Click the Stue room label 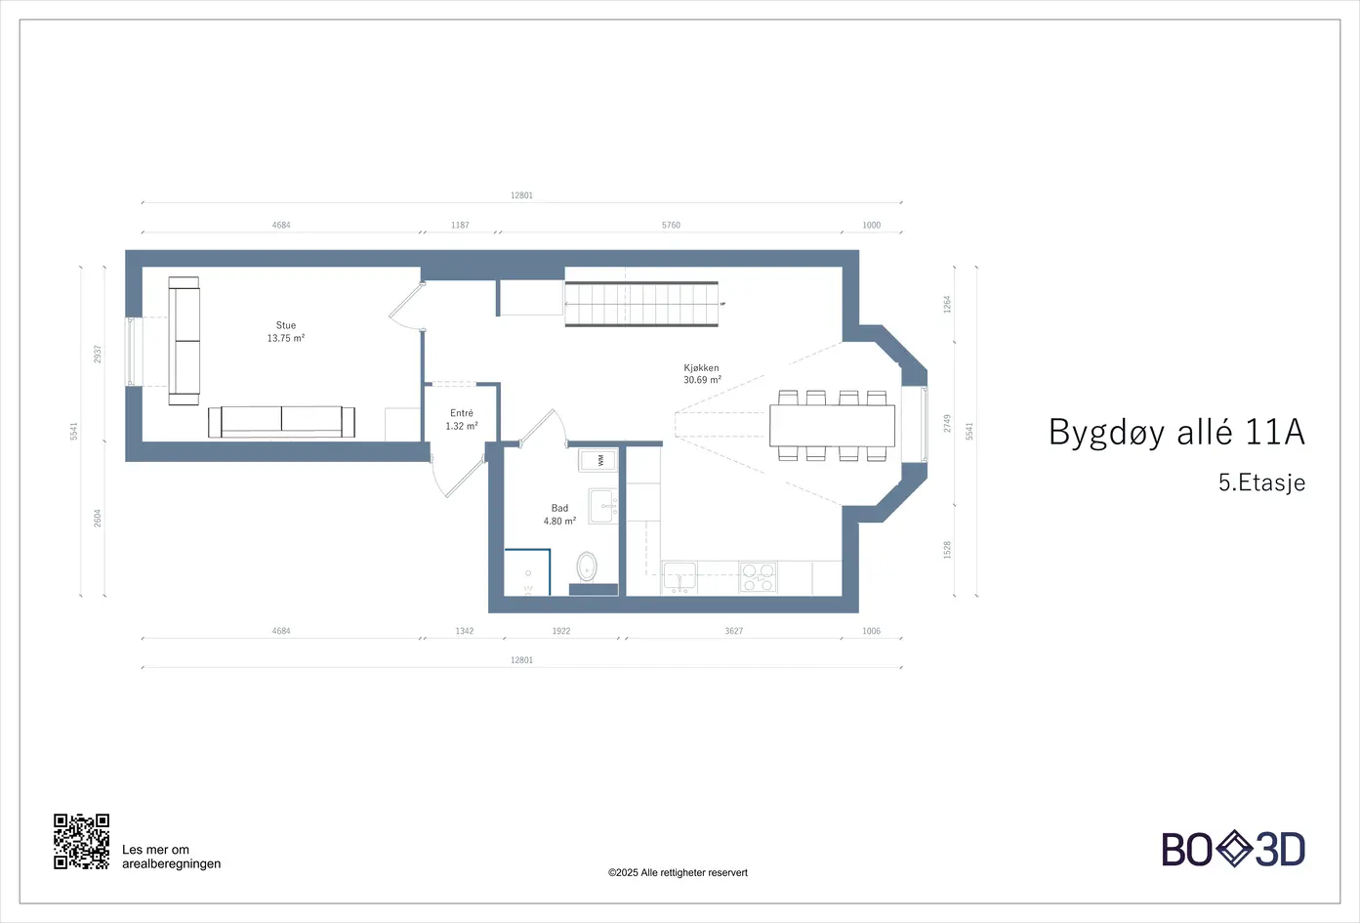coord(286,331)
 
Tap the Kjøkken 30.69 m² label coord(702,374)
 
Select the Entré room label coord(462,420)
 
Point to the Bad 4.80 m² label coord(559,515)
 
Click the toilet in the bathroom coord(587,566)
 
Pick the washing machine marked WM coord(598,460)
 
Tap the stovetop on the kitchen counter coord(758,577)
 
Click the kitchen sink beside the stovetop coord(680,577)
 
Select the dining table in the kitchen coord(833,426)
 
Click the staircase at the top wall coord(641,304)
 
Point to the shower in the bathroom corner coord(527,572)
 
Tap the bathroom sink coord(603,506)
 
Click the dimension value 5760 coord(671,226)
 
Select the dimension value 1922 coord(561,631)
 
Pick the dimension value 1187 coord(460,226)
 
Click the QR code coord(81,842)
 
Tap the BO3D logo coord(1233,849)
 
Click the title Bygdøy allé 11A coord(1176,433)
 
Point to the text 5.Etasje coord(1261,482)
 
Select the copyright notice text coord(678,872)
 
